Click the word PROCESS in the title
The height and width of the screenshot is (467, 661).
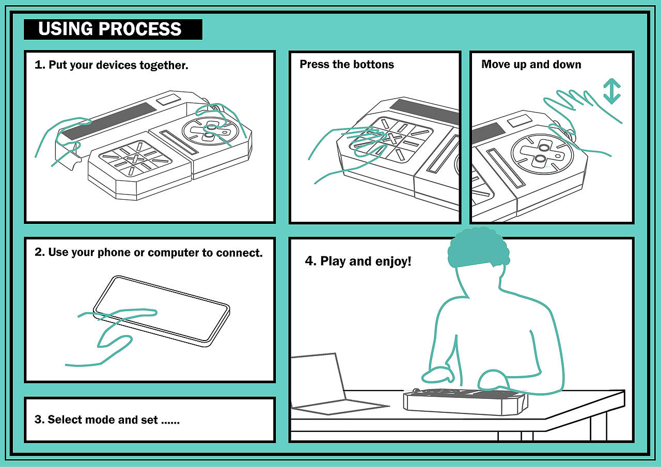[x=140, y=29]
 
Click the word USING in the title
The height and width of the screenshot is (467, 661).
[x=66, y=29]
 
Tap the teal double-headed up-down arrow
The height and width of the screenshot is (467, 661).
[x=612, y=91]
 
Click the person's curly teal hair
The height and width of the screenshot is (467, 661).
[x=479, y=247]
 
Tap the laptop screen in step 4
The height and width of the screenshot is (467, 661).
[x=318, y=380]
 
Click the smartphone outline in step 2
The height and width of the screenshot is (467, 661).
[x=162, y=311]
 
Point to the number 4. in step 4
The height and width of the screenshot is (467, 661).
[x=311, y=261]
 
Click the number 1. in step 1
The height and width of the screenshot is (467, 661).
[x=40, y=65]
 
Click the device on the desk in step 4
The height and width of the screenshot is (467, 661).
[x=465, y=401]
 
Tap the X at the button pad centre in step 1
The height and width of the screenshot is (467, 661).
[x=135, y=158]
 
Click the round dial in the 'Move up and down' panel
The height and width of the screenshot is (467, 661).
[x=542, y=154]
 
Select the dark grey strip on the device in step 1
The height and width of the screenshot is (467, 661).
[x=108, y=121]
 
